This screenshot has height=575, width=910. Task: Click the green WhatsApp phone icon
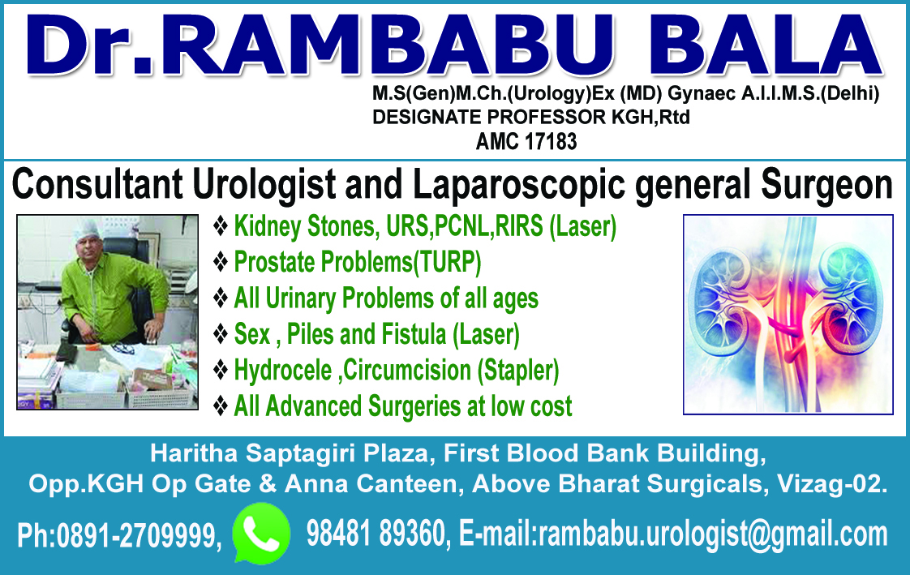pos(261,533)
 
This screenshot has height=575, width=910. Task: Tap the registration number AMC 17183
pos(526,142)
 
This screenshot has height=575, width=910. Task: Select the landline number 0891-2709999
pos(138,534)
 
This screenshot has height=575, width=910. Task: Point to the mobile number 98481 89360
pos(376,533)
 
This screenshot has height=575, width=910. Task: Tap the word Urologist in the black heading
pos(264,185)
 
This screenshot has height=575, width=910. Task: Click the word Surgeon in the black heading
pos(826,185)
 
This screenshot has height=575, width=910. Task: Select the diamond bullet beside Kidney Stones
pos(221,225)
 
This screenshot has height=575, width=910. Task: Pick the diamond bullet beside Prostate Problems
pos(221,262)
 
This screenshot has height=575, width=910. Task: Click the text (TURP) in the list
pos(447,262)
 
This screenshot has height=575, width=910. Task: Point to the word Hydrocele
pos(282,370)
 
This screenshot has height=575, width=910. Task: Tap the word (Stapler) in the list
pos(518,371)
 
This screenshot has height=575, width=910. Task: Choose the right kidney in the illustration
pos(848,302)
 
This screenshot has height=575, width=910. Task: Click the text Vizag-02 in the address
pos(831,484)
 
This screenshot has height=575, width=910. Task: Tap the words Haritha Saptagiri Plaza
pos(289,453)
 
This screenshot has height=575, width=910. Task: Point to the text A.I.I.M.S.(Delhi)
pos(810,93)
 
